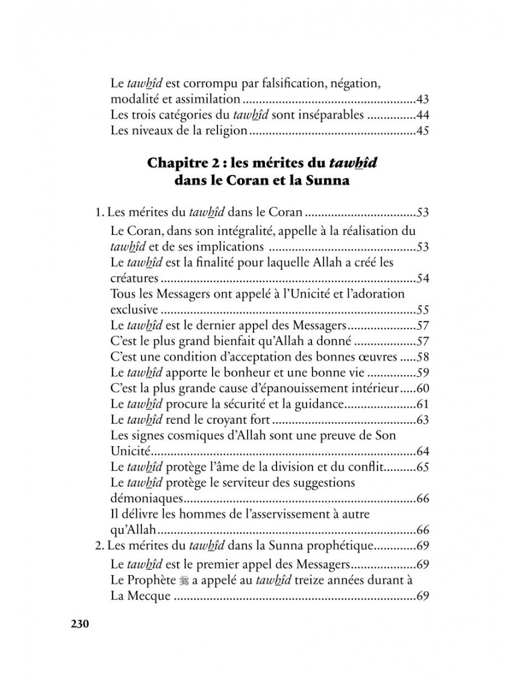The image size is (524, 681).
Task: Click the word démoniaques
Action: click(146, 498)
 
